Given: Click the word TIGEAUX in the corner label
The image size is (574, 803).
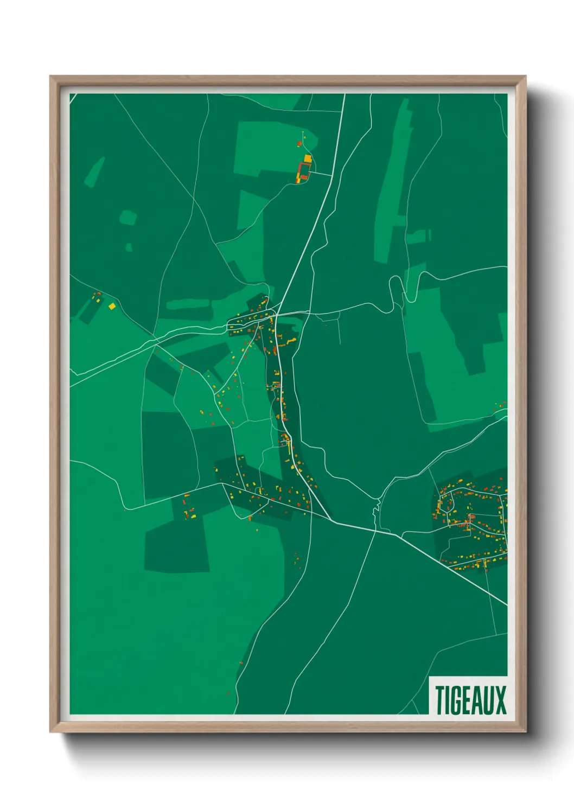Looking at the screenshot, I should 470,700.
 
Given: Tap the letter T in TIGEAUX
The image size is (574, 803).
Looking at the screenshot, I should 439,700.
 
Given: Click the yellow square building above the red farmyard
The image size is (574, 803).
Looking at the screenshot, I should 308,158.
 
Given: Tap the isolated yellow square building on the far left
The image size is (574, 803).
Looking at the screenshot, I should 112,307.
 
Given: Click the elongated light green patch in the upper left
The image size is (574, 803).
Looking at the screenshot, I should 94,171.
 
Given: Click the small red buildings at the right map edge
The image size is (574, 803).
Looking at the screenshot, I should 500,405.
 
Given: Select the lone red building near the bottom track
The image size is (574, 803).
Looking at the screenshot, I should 241,662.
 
